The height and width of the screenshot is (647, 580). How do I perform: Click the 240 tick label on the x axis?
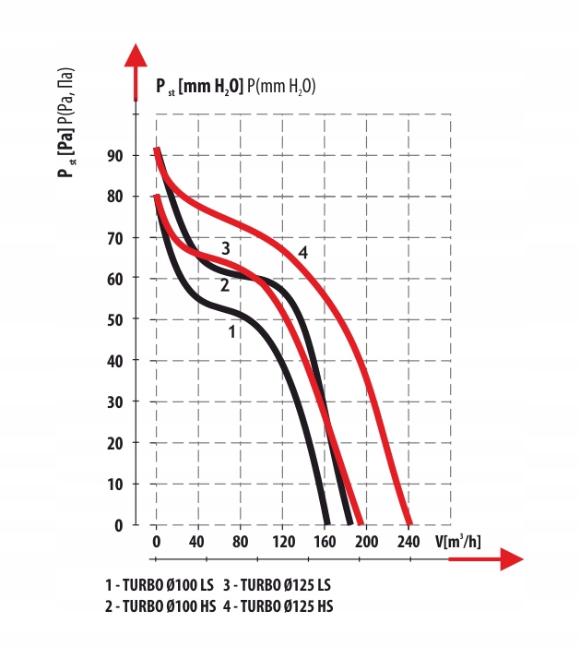[408, 541]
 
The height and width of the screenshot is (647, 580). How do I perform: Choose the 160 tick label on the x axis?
[325, 541]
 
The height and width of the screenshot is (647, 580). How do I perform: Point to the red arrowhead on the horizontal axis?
[510, 559]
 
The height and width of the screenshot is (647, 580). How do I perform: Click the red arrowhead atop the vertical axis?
[136, 57]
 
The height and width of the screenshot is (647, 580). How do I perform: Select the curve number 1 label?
[233, 329]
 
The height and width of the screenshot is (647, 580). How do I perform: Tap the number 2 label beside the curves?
[224, 285]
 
